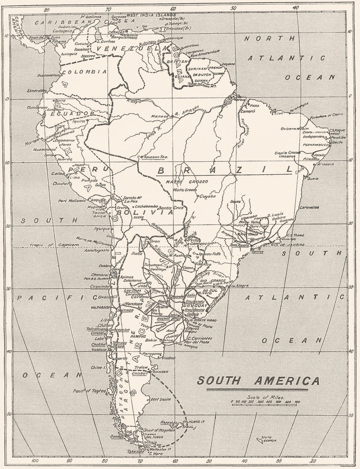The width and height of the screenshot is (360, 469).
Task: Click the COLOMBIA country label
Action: [x=84, y=71]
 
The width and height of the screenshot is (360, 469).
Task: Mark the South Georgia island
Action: [x=267, y=440]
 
